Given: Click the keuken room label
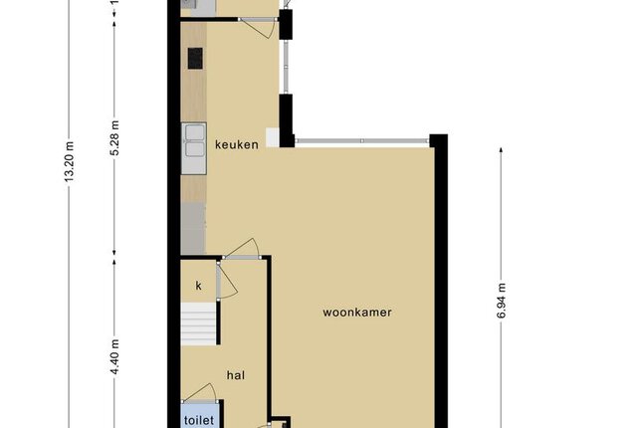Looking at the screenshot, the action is click(237, 144).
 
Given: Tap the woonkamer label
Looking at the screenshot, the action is click(357, 313).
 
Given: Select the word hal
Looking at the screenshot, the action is click(236, 375).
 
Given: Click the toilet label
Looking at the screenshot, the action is click(199, 419).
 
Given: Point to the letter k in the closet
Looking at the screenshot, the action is click(198, 286).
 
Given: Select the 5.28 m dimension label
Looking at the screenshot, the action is click(115, 138).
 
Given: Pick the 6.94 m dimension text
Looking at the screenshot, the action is click(502, 301).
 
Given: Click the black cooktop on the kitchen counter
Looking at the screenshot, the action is click(195, 59).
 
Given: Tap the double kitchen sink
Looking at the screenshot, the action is click(194, 148).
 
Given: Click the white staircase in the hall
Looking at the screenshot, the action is click(198, 323).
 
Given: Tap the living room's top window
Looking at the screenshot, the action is click(362, 141).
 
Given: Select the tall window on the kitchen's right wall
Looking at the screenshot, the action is click(286, 67).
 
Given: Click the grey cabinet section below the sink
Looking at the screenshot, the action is click(193, 229).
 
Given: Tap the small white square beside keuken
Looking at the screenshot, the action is click(272, 137).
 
